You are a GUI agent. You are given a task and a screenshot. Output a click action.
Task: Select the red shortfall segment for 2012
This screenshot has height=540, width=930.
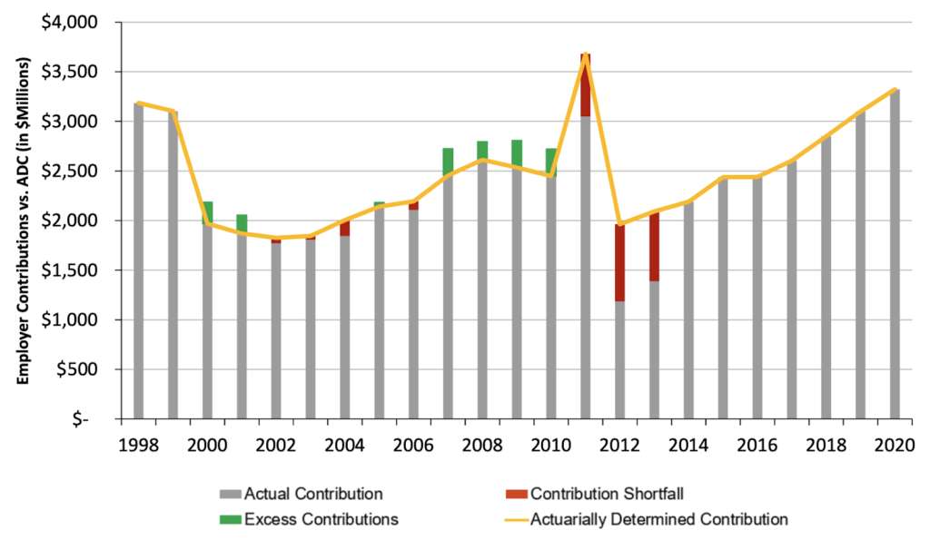619,262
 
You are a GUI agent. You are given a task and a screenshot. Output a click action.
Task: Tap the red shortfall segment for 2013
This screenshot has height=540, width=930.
654,246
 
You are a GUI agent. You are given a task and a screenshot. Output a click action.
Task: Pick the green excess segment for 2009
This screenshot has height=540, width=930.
516,152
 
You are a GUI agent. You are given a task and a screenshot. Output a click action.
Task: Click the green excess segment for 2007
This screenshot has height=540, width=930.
448,161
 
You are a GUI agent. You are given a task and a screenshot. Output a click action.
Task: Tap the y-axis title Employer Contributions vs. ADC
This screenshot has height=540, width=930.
25,220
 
